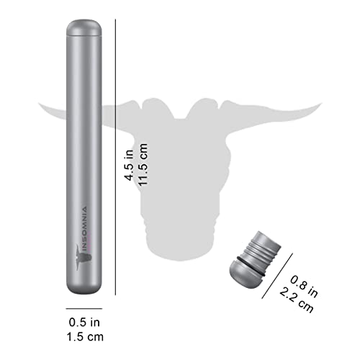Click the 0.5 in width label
[84, 322]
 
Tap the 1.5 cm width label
[85, 337]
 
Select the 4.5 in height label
[129, 165]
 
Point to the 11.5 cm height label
[143, 164]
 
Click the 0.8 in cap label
[304, 287]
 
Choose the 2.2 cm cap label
[297, 300]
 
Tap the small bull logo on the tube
[84, 258]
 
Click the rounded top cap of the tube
[84, 27]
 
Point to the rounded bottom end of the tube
[84, 287]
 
